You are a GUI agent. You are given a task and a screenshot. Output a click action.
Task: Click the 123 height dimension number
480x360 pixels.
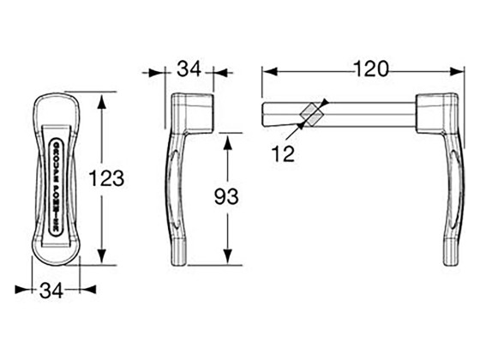[x=108, y=178]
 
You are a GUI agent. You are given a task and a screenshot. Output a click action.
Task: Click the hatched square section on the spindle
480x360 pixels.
[x=310, y=112]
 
